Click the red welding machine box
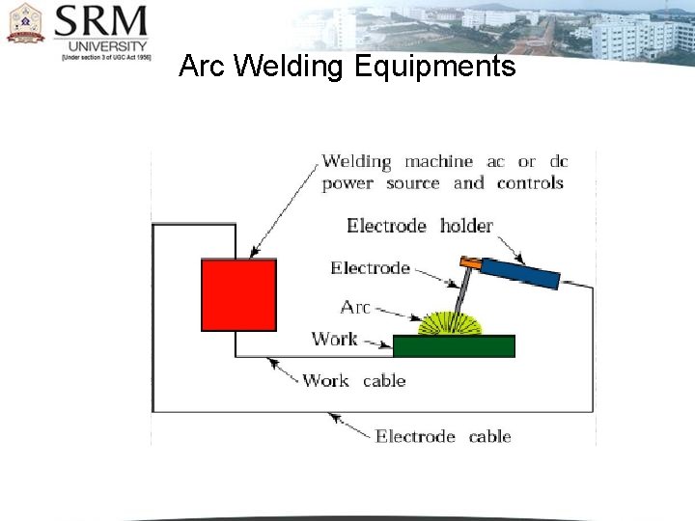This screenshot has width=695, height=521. [238, 295]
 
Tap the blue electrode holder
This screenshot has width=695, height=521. [520, 273]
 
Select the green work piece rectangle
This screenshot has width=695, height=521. [454, 346]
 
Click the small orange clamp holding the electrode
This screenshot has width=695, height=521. [470, 260]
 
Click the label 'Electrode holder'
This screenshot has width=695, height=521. [420, 226]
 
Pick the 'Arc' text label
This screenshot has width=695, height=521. [355, 307]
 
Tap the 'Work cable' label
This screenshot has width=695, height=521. [353, 380]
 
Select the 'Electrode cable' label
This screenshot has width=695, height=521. [443, 436]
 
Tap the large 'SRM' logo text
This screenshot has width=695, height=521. [100, 21]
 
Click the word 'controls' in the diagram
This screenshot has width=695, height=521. [530, 183]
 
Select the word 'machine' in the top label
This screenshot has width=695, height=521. [438, 161]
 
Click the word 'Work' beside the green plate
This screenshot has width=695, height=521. [334, 339]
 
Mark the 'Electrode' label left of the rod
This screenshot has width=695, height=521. [370, 268]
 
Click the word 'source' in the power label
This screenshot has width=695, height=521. [412, 183]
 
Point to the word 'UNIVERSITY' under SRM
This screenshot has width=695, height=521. [108, 45]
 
